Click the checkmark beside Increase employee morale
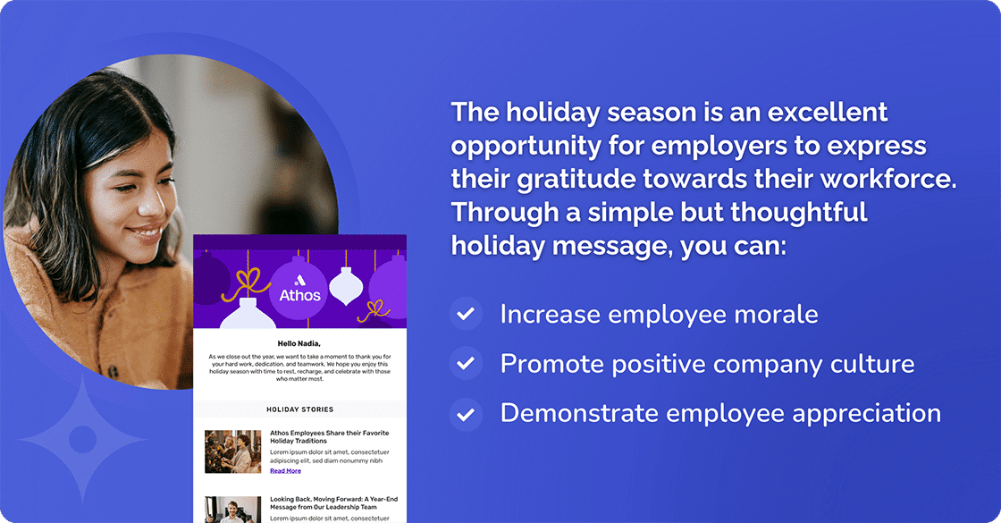tap(465, 315)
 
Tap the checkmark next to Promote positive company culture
tap(465, 364)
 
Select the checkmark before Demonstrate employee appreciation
tap(465, 414)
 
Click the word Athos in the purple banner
tap(299, 294)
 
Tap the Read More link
tap(285, 471)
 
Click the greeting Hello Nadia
tap(299, 343)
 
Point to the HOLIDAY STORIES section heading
tap(299, 409)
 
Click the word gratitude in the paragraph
tap(572, 179)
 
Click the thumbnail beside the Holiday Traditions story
tap(232, 451)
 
